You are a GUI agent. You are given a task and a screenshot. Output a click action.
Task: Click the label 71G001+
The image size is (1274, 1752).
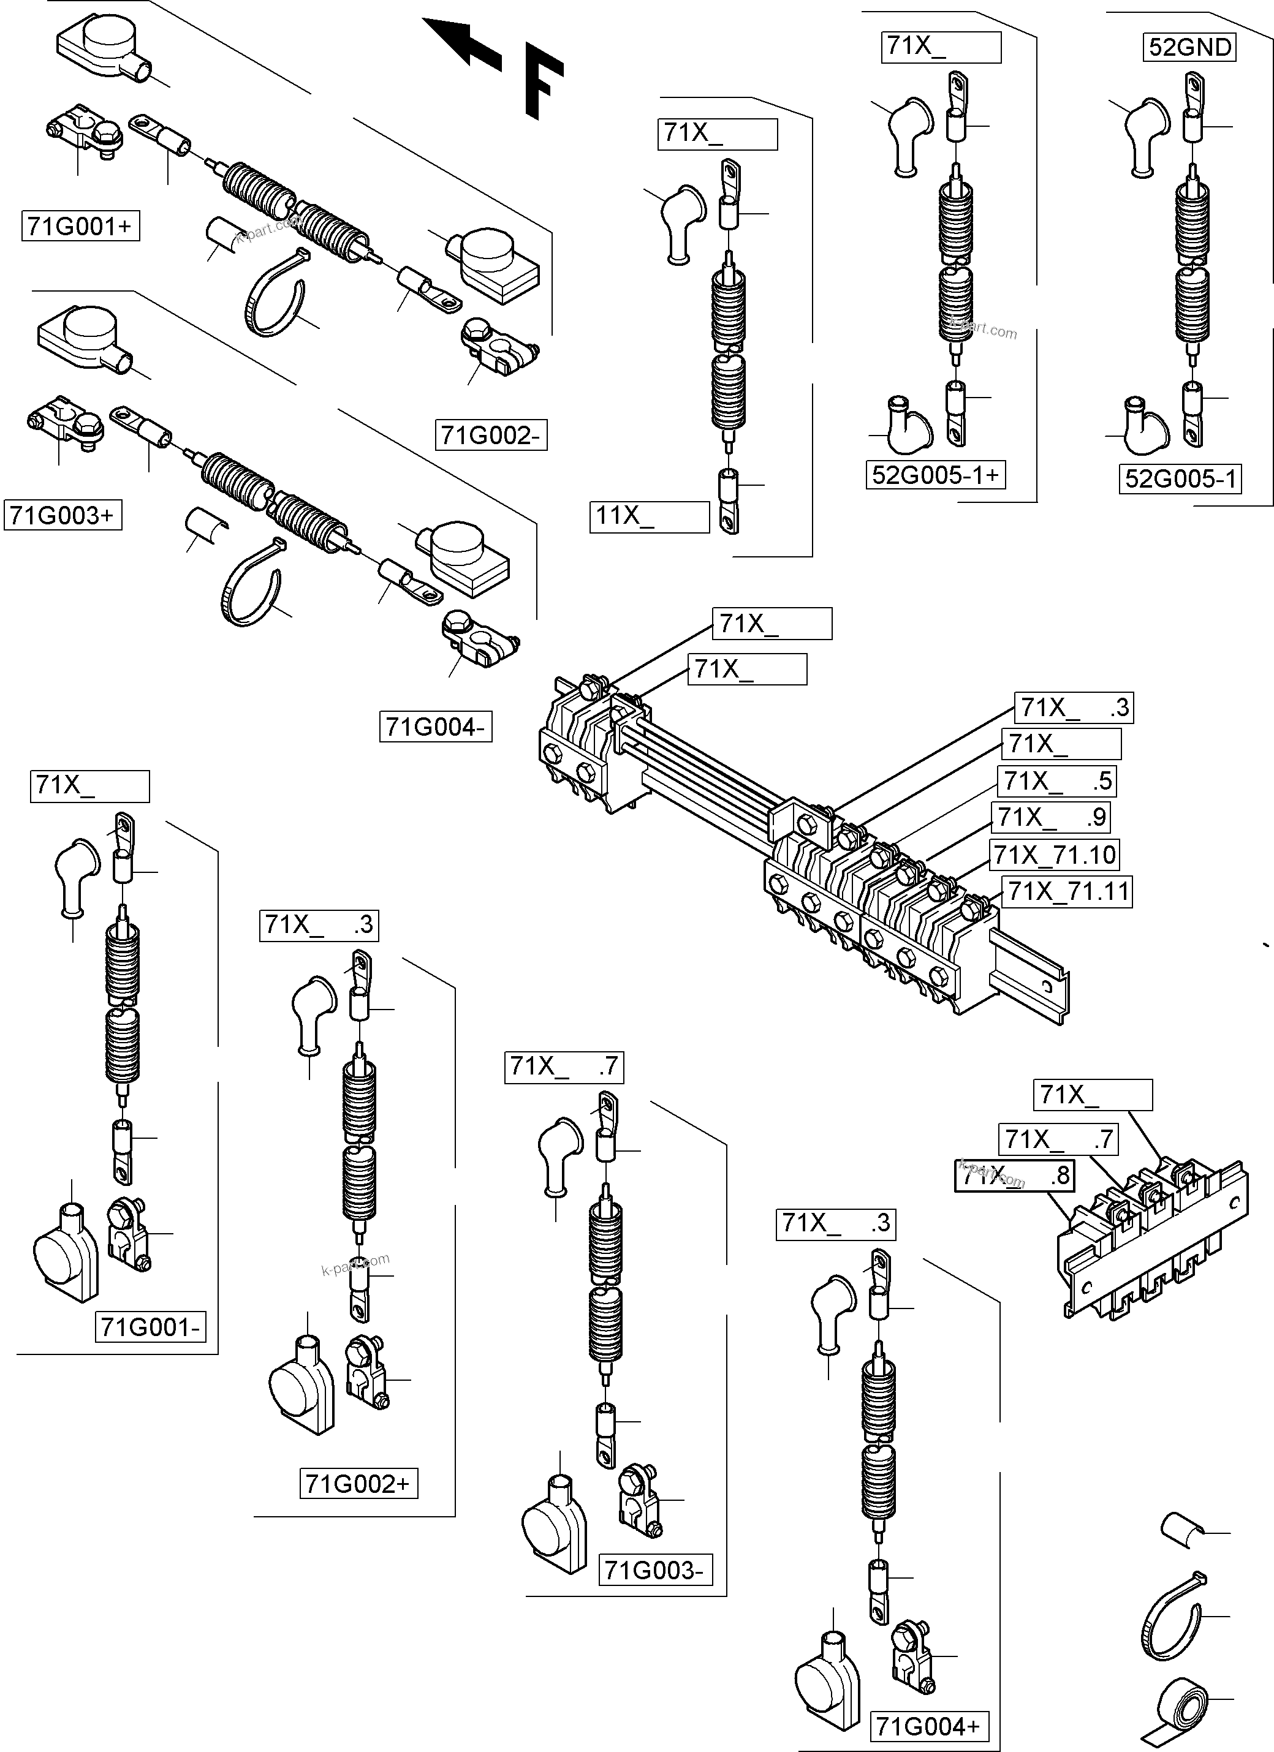coord(80,226)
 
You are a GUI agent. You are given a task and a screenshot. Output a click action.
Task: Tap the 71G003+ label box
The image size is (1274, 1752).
coord(63,515)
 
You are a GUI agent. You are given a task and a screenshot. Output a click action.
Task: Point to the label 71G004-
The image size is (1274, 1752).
coord(436,727)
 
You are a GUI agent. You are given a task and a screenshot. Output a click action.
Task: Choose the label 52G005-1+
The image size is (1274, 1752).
coord(936,474)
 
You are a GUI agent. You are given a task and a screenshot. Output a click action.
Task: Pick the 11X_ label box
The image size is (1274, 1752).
coord(649,516)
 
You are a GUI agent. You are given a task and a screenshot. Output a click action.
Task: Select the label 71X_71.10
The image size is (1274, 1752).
coord(1055,855)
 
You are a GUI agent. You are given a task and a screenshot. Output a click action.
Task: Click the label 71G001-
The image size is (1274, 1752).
coord(151,1327)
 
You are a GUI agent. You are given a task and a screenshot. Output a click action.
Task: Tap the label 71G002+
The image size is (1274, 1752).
coord(358,1484)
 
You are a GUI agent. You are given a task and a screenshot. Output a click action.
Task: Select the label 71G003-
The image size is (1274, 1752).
coord(654,1571)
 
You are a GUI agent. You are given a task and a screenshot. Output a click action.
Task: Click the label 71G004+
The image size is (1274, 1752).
coord(928,1726)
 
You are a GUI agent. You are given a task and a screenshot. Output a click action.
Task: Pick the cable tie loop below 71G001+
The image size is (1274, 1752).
coord(275,295)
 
